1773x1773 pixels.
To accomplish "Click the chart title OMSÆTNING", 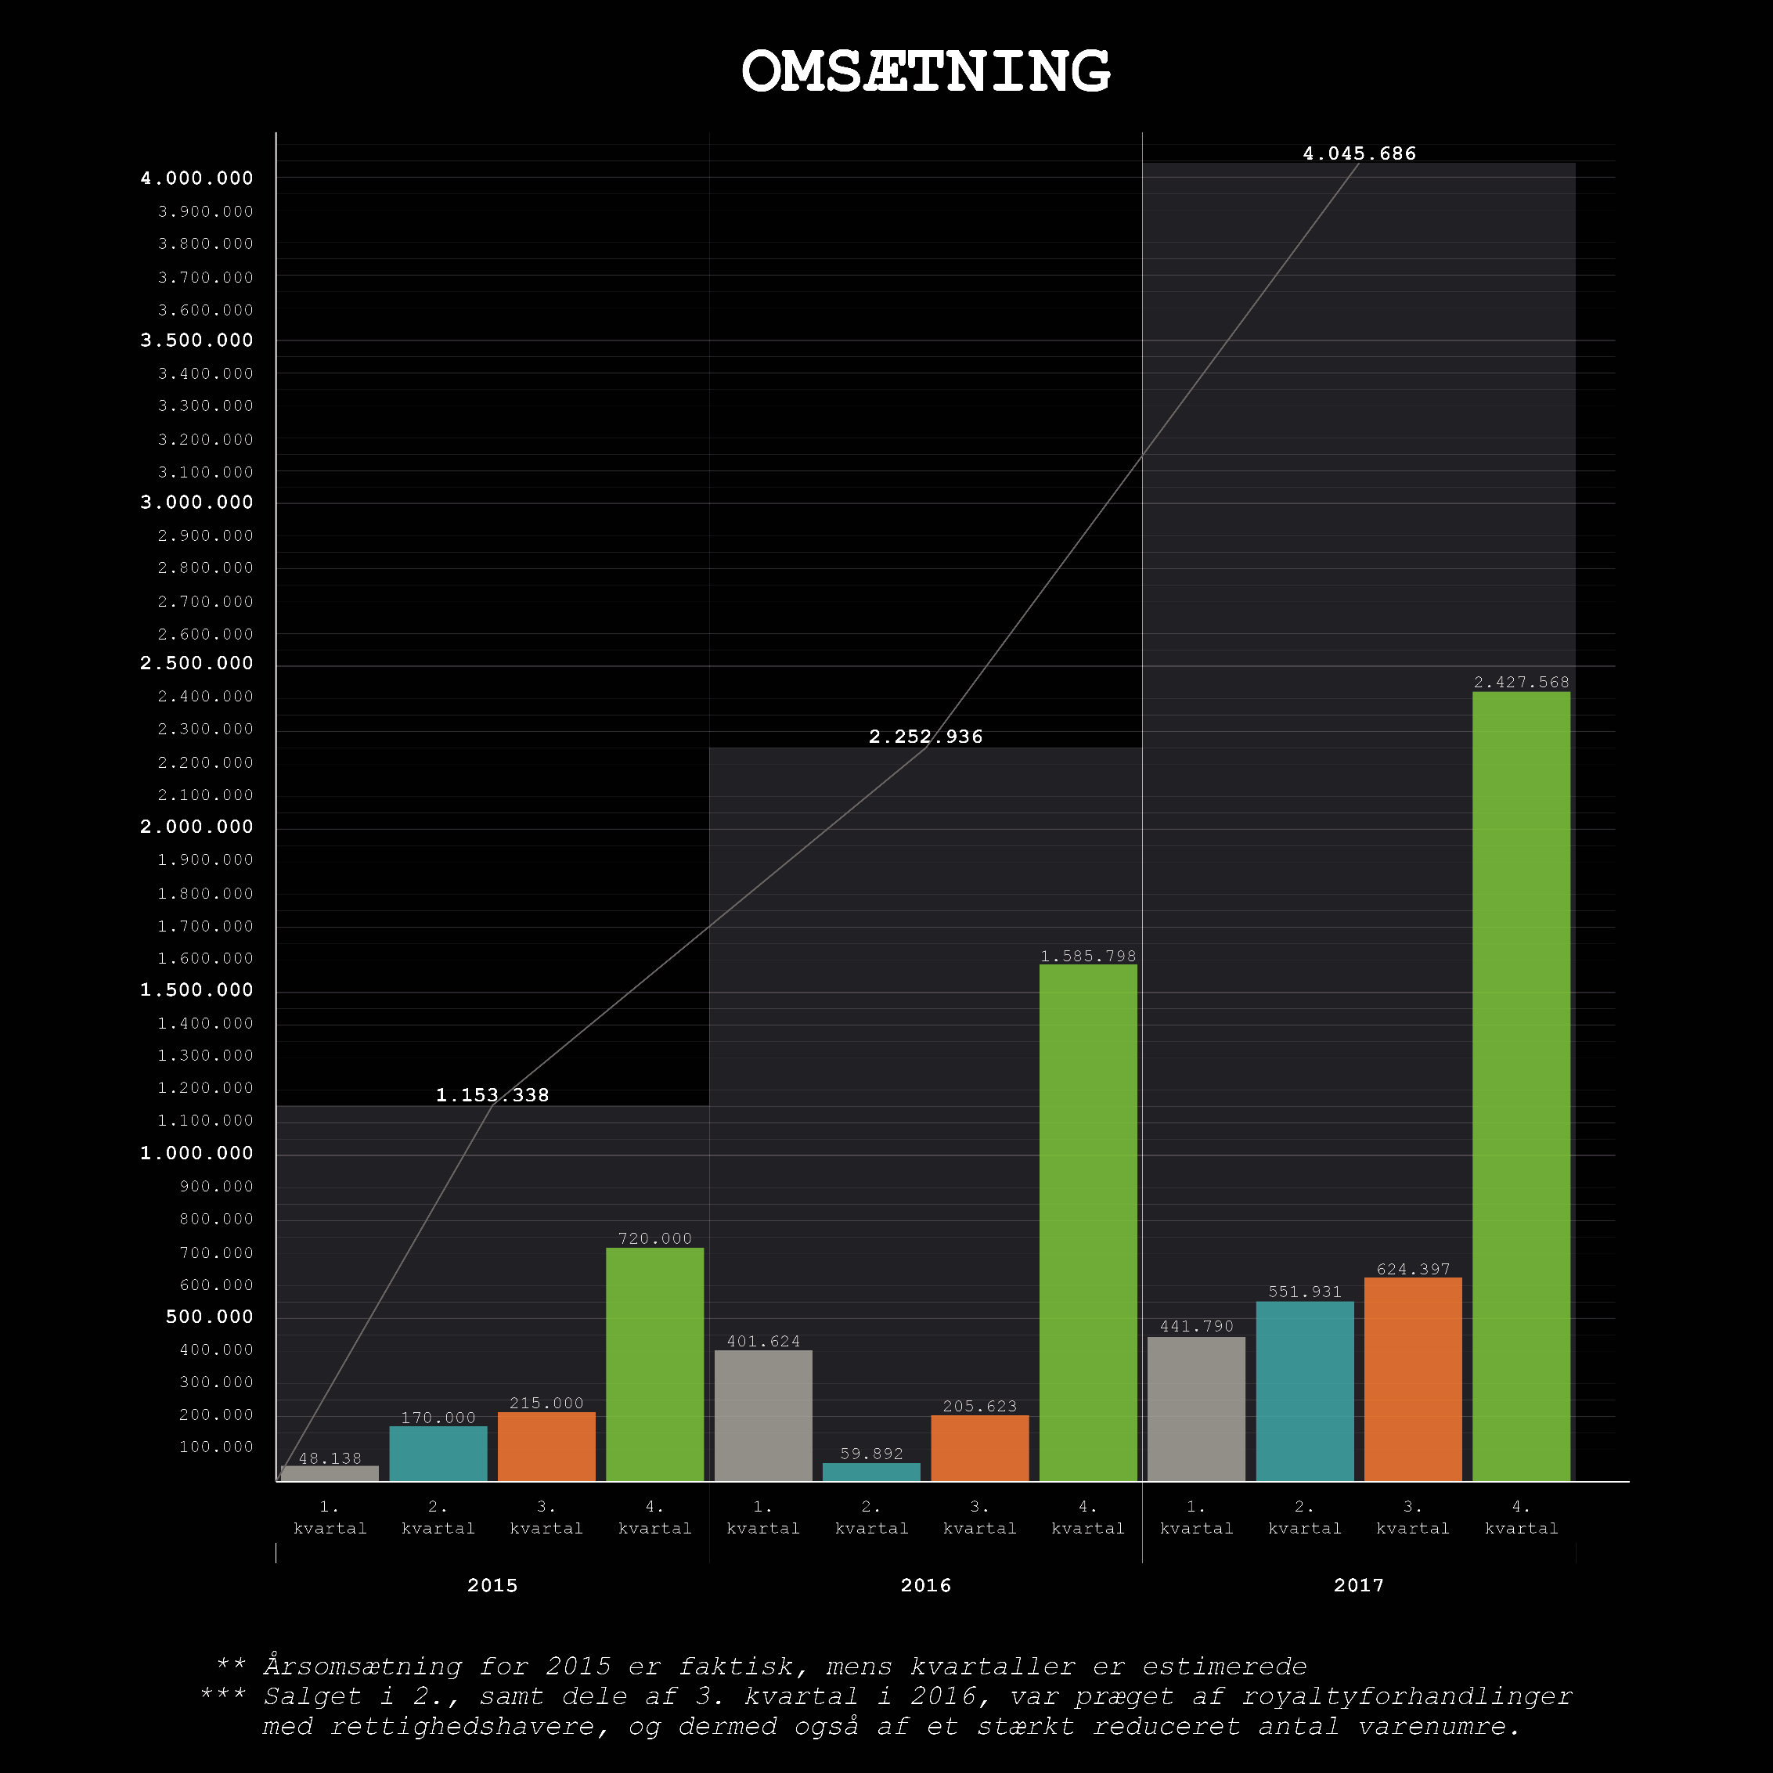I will (925, 71).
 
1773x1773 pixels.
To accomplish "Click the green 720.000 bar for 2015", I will (654, 1364).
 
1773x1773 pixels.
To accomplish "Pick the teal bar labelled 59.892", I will (871, 1471).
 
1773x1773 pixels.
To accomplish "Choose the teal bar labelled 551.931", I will (1304, 1390).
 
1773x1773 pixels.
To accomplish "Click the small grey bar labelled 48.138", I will (330, 1473).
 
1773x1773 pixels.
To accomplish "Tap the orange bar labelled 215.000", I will (546, 1445).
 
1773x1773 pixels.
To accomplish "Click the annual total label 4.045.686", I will (1359, 153).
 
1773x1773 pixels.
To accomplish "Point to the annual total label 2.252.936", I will (925, 736).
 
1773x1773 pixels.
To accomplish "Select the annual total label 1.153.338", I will (492, 1095).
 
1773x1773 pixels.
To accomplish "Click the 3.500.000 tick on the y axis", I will (196, 341).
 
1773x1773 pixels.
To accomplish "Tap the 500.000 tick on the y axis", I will (209, 1317).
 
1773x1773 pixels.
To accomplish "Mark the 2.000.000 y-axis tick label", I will (196, 827).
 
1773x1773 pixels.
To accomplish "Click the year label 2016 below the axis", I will (925, 1585).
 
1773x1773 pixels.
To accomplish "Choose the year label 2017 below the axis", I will (1358, 1585).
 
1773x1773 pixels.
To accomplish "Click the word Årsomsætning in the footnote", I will (362, 1666).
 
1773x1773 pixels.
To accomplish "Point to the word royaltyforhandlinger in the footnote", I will (1406, 1696).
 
